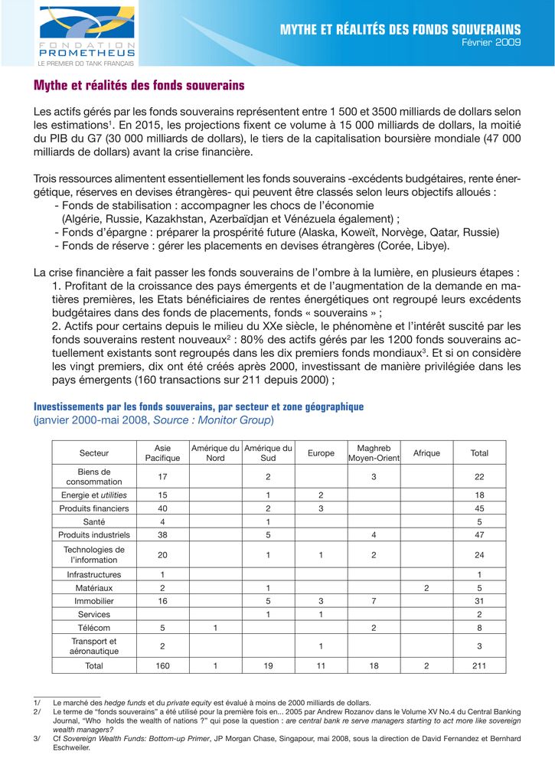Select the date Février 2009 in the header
[495, 43]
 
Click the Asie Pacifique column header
[162, 453]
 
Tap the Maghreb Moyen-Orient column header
[374, 453]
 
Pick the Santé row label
[94, 521]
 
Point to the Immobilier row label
[94, 602]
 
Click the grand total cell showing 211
[479, 666]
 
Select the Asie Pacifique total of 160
[162, 666]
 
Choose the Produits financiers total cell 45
[479, 508]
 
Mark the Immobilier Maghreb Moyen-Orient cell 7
[374, 602]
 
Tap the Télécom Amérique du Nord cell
[216, 628]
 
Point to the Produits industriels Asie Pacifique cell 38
[162, 534]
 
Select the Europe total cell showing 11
[321, 666]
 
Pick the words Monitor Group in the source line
[238, 420]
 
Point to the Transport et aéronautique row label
[94, 646]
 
